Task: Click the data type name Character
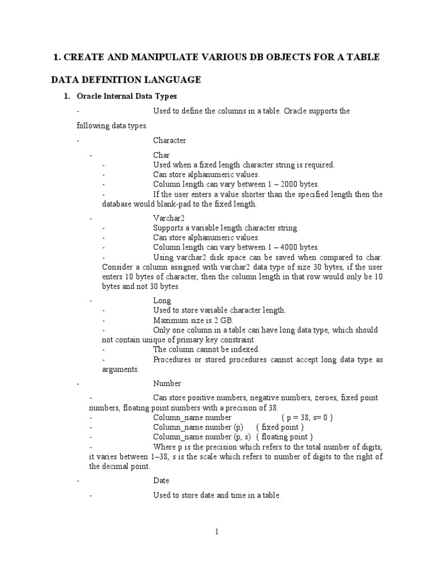coord(170,140)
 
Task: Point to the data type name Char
coord(161,155)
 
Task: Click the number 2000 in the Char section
coord(285,184)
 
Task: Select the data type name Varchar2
coord(169,218)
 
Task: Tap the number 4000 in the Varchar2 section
coord(285,247)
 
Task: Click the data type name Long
coord(162,301)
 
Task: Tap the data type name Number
coord(167,383)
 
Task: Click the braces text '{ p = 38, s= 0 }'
coord(307,417)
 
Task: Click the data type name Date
coord(161,481)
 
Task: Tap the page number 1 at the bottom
coord(216,532)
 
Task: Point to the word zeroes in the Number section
coord(331,398)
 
